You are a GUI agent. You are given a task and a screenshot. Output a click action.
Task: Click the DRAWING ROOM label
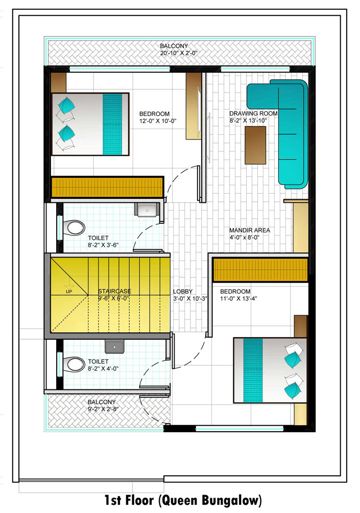[253, 113]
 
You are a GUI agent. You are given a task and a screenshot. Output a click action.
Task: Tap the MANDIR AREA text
[250, 230]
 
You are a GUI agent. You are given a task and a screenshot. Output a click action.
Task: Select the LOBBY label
[183, 292]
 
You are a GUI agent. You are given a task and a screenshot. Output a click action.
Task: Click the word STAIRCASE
[114, 291]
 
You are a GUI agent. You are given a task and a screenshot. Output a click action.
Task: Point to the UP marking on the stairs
[69, 292]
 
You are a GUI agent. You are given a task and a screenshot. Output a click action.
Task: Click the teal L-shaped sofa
[287, 124]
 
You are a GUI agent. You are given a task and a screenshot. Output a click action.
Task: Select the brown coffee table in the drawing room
[255, 145]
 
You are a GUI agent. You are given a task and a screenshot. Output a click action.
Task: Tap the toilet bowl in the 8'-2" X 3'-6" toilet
[74, 227]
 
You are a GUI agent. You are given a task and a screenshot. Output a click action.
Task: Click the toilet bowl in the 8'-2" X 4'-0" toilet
[74, 364]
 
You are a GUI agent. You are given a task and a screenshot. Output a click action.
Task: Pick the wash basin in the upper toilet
[147, 209]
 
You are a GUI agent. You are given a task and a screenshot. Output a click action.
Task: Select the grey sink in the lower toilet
[114, 346]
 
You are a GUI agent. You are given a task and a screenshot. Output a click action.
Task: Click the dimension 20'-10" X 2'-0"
[179, 53]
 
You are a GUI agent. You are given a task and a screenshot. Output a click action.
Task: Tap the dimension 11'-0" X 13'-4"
[238, 298]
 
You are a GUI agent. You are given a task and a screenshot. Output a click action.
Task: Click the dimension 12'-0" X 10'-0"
[158, 121]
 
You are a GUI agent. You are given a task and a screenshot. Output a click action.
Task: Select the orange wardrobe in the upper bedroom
[107, 188]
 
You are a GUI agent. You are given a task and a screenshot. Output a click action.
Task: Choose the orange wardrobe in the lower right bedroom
[260, 270]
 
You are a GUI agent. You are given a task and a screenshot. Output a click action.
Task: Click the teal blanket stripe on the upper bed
[112, 124]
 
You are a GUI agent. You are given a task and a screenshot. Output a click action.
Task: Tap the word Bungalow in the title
[232, 501]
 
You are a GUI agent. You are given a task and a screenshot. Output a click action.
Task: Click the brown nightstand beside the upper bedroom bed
[59, 82]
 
